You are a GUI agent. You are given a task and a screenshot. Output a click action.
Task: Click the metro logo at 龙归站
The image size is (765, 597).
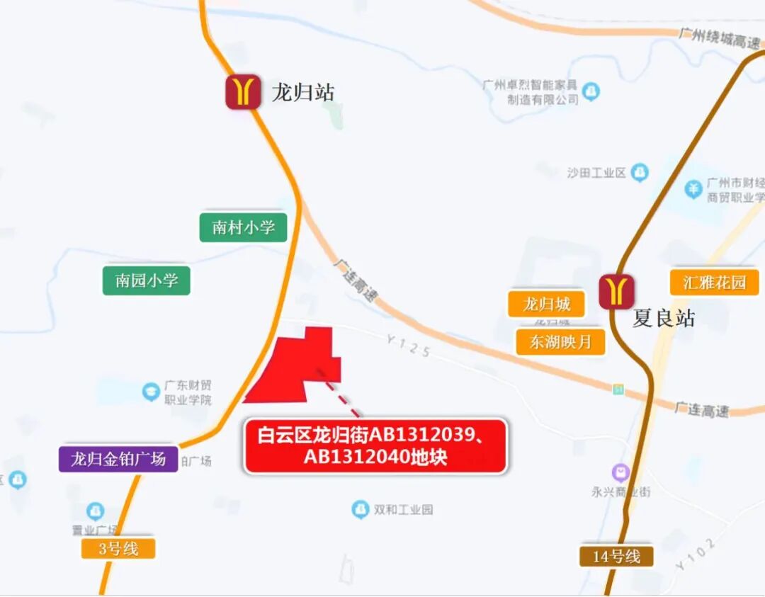point(243,92)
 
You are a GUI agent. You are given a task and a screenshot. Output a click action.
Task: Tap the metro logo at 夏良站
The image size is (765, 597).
point(616,292)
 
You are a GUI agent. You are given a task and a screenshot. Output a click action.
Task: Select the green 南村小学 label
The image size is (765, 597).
point(243,227)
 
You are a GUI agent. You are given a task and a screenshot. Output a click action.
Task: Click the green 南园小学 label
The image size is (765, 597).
point(147,280)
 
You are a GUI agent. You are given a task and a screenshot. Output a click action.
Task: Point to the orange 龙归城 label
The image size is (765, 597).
point(546,305)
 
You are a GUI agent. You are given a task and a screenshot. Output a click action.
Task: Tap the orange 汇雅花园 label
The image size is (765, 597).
point(714,283)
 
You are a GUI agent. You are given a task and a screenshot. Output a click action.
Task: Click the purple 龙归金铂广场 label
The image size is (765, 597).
point(118,459)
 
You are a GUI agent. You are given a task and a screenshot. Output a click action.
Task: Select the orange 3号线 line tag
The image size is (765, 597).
point(118,548)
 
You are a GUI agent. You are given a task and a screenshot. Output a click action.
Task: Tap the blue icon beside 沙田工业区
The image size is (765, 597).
point(640,172)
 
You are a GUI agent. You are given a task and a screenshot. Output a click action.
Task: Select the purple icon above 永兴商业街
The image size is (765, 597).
point(620,472)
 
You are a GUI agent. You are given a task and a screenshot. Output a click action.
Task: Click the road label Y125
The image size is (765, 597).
point(408,346)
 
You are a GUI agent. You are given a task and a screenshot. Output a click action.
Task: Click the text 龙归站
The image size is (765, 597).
point(302,92)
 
